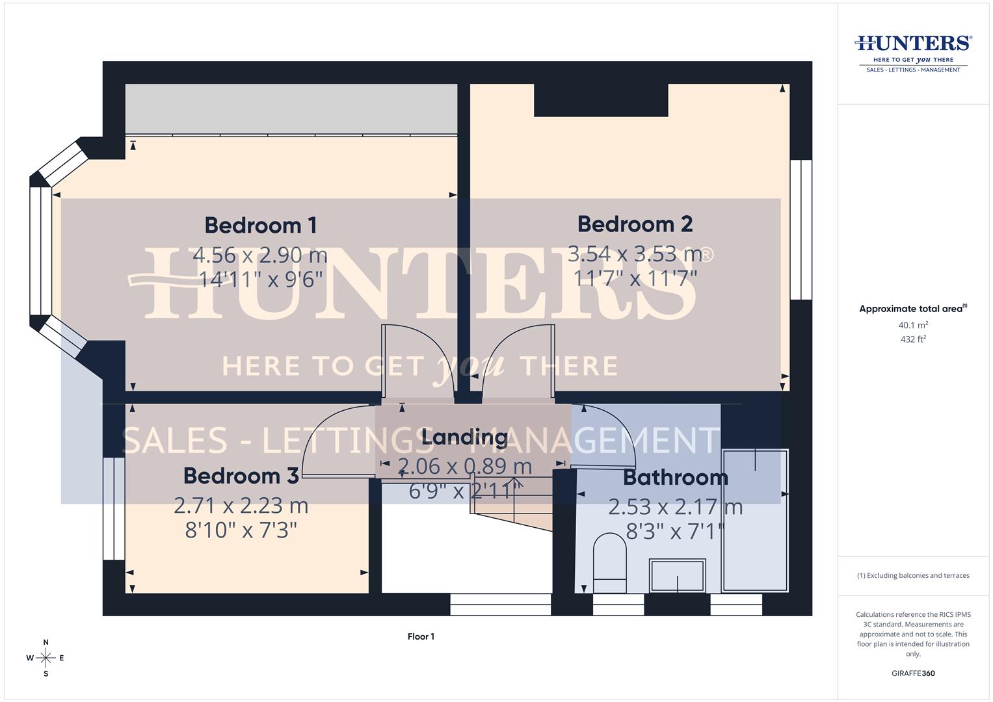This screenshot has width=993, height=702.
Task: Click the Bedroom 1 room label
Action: click(x=260, y=226)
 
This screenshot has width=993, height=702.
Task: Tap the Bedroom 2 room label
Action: click(x=635, y=224)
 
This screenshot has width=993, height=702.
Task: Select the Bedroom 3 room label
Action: click(x=241, y=476)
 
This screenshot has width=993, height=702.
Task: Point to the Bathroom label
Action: click(x=675, y=478)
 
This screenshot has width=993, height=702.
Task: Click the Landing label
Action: click(x=464, y=437)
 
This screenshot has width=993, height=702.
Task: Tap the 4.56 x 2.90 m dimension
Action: click(x=260, y=255)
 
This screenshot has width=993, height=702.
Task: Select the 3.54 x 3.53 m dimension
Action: click(x=635, y=253)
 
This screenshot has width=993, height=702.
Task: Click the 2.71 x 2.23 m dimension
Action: click(x=241, y=505)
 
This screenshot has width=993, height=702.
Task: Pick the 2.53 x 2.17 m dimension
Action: click(x=675, y=506)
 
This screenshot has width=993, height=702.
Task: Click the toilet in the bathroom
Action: click(x=609, y=563)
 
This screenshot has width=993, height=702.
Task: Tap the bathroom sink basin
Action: click(x=678, y=575)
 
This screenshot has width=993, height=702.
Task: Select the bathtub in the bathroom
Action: click(x=755, y=520)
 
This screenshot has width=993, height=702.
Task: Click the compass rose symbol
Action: click(x=46, y=658)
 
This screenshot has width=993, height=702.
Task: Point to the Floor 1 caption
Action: click(x=421, y=636)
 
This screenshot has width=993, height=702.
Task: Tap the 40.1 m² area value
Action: click(x=913, y=325)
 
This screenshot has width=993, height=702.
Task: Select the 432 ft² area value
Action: click(x=913, y=339)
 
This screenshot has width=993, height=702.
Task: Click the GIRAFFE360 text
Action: click(x=913, y=673)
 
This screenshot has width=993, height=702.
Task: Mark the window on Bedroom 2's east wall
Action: click(x=801, y=229)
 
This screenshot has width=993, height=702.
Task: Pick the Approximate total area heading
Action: click(x=912, y=309)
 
